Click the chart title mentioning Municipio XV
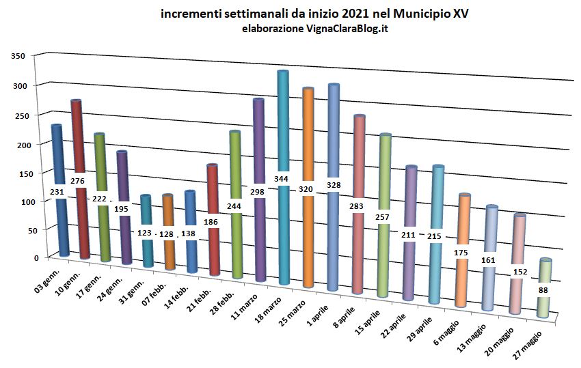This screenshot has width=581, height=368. [314, 14]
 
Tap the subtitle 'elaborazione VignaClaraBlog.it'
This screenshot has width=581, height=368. [315, 29]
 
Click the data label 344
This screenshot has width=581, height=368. [281, 179]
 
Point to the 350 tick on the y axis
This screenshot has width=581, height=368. [18, 56]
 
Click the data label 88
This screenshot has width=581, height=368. [543, 291]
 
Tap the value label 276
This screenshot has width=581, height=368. [77, 181]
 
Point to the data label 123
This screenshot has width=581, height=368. [144, 233]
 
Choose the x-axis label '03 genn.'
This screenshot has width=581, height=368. [46, 282]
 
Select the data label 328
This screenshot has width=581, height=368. [334, 185]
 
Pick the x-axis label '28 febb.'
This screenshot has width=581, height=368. [222, 304]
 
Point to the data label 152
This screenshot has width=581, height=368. [520, 272]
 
